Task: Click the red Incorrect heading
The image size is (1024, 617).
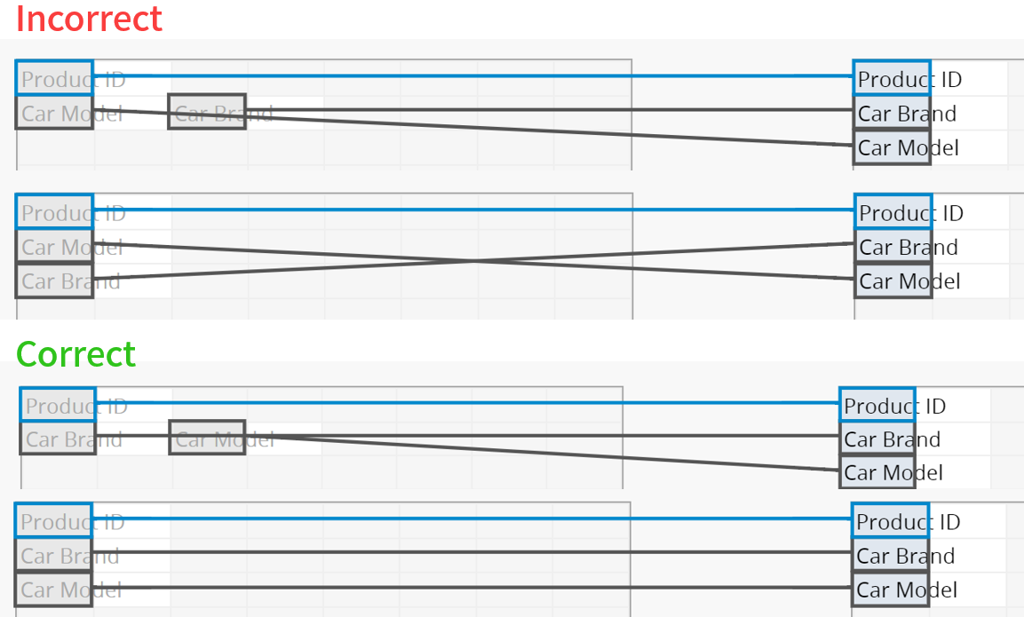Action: [89, 19]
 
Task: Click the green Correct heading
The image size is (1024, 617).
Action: [76, 354]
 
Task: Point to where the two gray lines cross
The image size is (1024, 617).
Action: [475, 260]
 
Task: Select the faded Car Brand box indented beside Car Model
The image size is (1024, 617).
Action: [207, 113]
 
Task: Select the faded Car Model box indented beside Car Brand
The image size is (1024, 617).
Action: [207, 439]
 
